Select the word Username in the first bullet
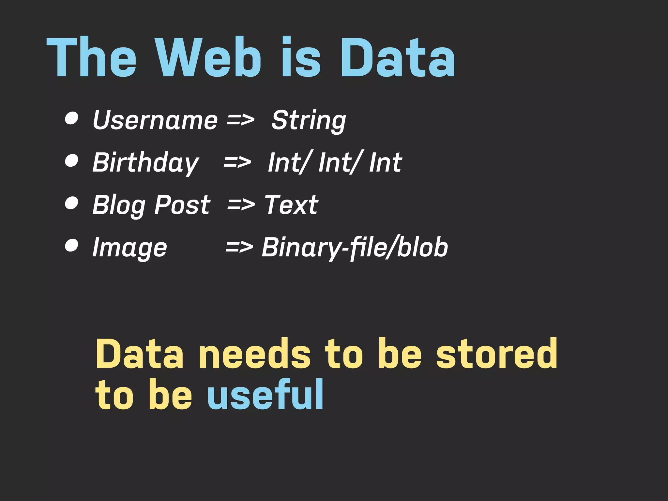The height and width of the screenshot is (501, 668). (x=155, y=120)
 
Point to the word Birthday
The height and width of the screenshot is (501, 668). (x=145, y=162)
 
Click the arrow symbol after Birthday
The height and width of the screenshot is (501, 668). (x=237, y=162)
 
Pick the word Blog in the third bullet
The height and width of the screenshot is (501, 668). (x=119, y=205)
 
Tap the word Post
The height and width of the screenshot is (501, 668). (x=182, y=205)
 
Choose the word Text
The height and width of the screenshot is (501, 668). (x=291, y=205)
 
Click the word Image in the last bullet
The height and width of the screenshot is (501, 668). (x=129, y=247)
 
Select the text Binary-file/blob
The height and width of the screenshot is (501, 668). (x=355, y=247)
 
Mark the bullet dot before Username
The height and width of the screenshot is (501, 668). (x=71, y=118)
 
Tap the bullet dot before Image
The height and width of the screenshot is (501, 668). (x=71, y=245)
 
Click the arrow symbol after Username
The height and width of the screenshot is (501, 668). (x=240, y=120)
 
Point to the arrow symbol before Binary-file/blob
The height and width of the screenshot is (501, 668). (x=239, y=247)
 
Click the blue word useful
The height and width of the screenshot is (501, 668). (x=265, y=395)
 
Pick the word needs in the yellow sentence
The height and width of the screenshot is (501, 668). (x=254, y=354)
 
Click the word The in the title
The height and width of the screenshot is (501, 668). (x=92, y=58)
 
